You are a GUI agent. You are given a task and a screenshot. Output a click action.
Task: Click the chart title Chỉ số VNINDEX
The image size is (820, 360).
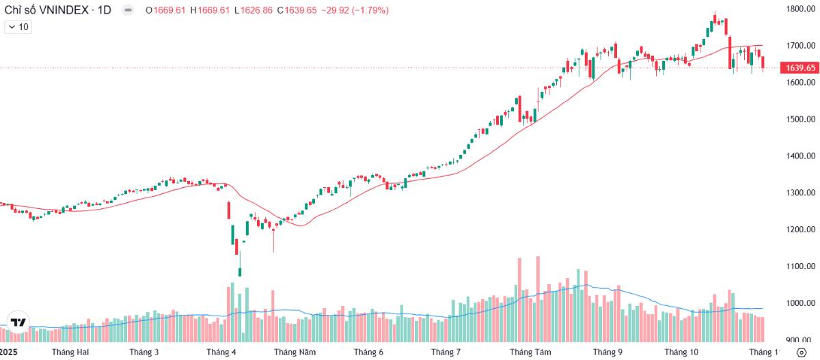coord(46,10)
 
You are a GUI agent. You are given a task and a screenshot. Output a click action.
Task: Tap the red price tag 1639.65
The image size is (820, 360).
coord(800,68)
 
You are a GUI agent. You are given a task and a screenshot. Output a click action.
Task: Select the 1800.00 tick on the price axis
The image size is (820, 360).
coord(801,9)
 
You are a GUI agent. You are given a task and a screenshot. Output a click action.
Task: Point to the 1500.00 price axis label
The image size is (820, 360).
coord(801,120)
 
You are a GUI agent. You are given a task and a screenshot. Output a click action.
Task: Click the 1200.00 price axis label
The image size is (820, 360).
coord(801,230)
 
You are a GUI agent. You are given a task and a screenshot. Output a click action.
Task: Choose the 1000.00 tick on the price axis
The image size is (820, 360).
coord(801,303)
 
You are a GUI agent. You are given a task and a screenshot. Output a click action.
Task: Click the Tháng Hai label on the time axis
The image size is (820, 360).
coord(70,352)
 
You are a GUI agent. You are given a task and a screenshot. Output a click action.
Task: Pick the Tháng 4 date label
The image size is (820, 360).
coord(221,352)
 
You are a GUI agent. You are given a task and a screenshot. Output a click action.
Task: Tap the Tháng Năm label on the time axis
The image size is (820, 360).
coord(295,352)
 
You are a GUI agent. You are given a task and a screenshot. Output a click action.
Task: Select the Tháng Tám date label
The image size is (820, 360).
coord(530,352)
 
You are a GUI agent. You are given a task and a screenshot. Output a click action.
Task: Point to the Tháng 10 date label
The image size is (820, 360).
coord(681,352)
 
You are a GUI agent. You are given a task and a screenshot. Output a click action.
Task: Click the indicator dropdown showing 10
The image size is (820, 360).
coord(18,27)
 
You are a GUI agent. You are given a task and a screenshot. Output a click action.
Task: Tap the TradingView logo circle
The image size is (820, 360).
coord(18,322)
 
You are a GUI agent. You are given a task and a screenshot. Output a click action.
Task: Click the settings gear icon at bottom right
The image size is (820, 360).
coord(802,352)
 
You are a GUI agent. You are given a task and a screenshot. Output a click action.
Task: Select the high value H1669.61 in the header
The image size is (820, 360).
coord(210,10)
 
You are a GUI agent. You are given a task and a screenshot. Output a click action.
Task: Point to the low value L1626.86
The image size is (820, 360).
coord(254,10)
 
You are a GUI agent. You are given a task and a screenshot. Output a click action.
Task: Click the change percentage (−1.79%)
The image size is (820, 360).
coord(370,10)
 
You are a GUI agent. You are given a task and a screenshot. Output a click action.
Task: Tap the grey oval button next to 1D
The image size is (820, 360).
coord(128,10)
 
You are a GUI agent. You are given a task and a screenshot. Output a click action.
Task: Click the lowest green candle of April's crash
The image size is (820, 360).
coord(240,272)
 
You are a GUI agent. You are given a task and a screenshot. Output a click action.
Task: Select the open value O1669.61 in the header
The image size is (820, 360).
coord(165,10)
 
